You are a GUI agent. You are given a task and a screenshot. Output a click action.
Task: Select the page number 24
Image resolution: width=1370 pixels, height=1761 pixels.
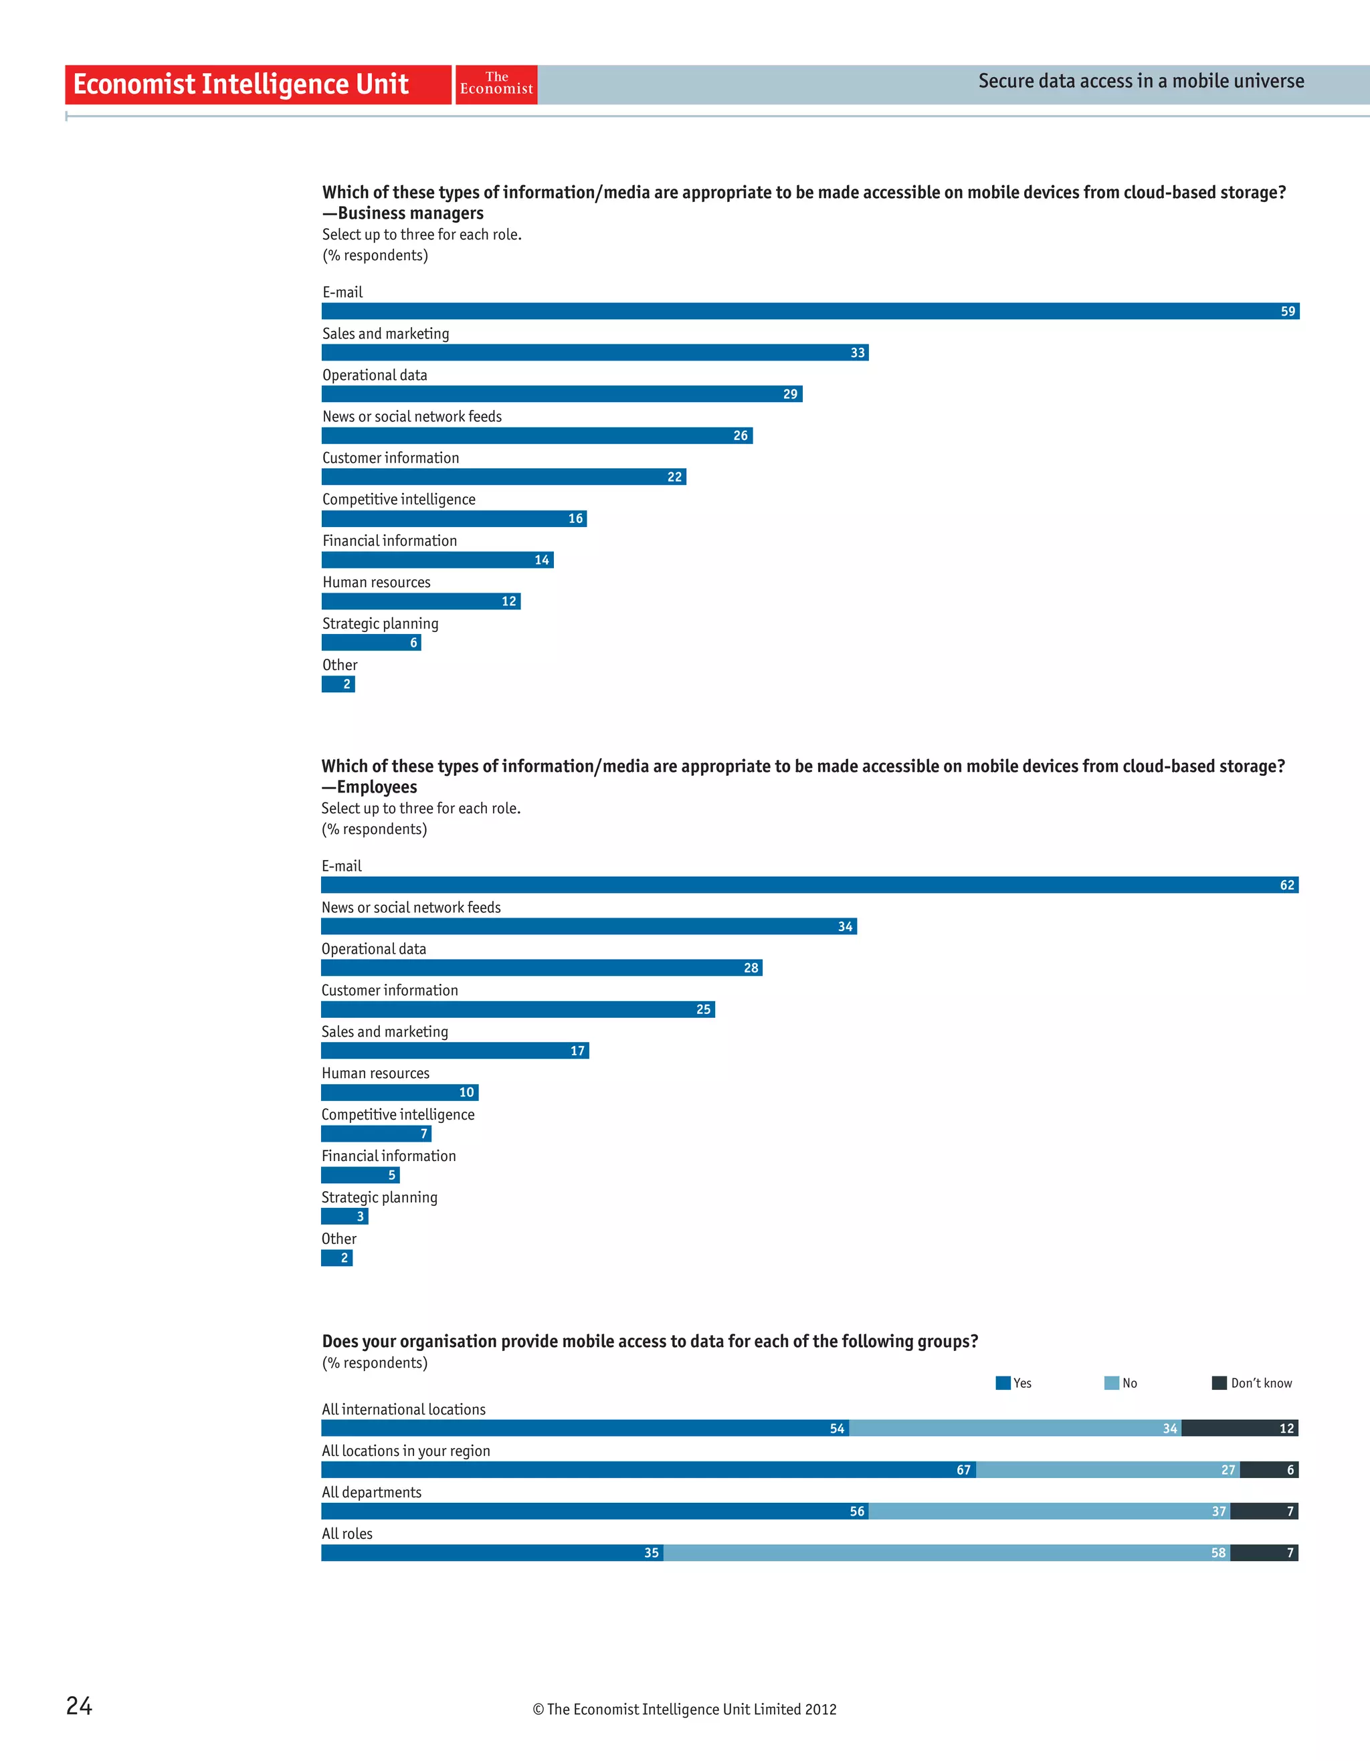(79, 1705)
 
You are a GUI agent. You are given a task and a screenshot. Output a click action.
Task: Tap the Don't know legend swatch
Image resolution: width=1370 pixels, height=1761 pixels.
(1218, 1383)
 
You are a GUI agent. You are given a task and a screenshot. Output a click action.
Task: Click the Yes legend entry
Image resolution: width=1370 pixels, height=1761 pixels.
(1013, 1383)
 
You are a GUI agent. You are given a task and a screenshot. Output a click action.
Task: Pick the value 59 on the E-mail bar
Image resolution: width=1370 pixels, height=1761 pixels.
(1287, 311)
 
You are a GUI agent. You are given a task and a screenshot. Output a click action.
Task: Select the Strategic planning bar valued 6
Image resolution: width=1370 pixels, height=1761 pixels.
(371, 643)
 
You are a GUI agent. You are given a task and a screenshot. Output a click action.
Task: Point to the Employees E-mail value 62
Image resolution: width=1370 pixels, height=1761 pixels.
(1286, 886)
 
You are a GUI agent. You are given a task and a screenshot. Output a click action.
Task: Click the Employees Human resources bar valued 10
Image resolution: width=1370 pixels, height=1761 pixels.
(399, 1093)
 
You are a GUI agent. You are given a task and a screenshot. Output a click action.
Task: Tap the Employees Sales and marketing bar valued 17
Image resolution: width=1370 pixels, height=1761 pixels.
(454, 1051)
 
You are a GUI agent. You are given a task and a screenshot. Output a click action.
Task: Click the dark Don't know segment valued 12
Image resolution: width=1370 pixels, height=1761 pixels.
(1240, 1429)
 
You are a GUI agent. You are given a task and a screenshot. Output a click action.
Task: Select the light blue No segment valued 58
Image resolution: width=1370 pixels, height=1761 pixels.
(946, 1553)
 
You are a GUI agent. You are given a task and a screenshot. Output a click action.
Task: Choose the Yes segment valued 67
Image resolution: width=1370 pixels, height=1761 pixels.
(648, 1470)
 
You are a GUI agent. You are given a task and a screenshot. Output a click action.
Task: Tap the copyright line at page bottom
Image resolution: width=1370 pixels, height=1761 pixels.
(684, 1710)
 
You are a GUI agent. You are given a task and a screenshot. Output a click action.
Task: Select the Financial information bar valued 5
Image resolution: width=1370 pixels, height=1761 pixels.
(360, 1175)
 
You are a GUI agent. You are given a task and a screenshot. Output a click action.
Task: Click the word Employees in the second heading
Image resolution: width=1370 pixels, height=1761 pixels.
(377, 787)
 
